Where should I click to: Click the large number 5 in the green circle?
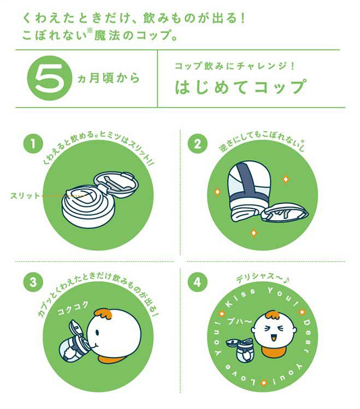point(50,78)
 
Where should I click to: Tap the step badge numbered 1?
point(33,144)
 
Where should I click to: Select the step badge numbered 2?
point(197,144)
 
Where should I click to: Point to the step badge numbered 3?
point(33,282)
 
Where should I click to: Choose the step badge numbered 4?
point(197,282)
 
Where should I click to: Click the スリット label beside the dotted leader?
point(25,195)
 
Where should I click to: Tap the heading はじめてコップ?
point(240,87)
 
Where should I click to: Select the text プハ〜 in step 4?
point(239,321)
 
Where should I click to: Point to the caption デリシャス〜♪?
point(263,278)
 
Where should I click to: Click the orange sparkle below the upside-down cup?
point(253,233)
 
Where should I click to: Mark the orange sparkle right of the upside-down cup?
point(286,179)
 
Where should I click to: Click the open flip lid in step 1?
point(116,183)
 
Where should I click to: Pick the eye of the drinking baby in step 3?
point(97,333)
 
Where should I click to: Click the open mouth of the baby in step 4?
point(274,338)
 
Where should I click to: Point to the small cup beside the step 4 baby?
point(242,349)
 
